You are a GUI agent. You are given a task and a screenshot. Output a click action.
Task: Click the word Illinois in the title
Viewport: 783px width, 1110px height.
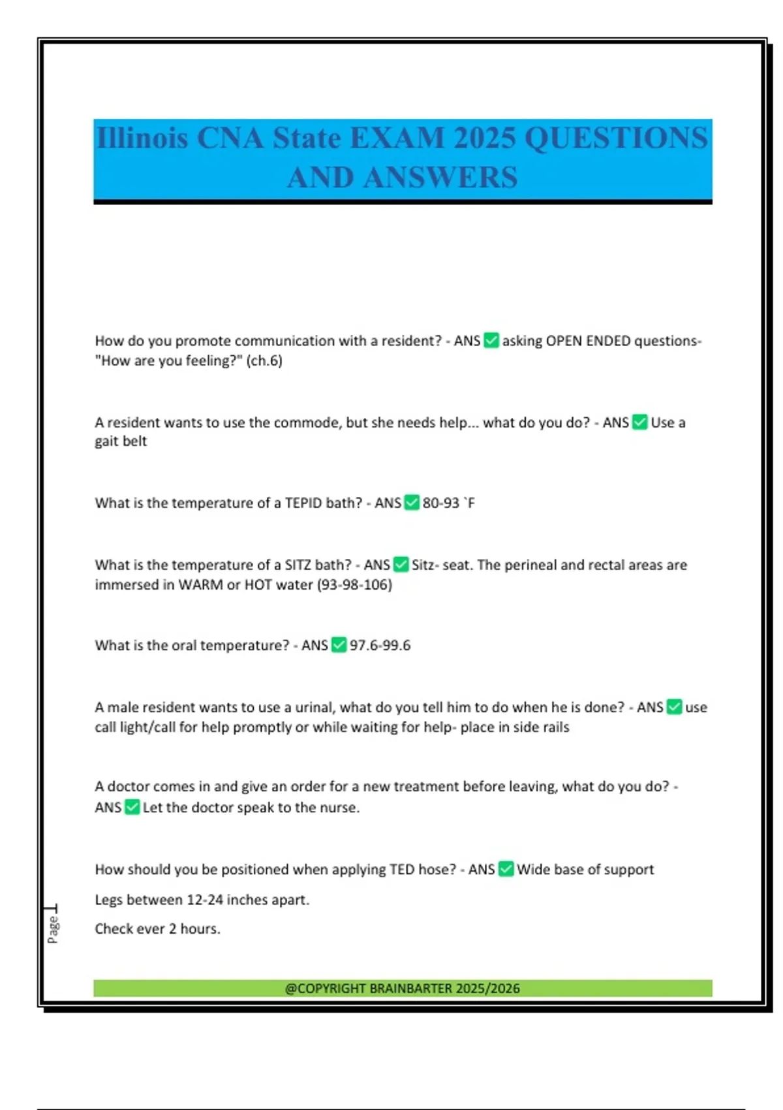pos(142,138)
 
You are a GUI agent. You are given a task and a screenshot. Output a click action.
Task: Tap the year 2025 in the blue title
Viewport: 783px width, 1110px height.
pos(484,138)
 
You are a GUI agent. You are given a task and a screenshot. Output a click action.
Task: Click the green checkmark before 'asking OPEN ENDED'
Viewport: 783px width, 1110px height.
pos(491,341)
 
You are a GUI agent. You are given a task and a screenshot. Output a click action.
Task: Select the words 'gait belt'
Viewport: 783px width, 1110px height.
pos(121,441)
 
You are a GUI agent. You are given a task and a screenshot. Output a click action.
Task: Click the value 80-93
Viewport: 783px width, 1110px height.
pos(441,503)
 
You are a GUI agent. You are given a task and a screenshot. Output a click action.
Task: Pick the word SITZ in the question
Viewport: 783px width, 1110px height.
pos(298,565)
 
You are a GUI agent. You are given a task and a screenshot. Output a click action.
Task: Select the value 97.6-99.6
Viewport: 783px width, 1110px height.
pos(380,645)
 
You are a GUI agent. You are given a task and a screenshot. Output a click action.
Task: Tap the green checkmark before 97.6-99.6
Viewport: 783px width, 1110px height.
pos(339,645)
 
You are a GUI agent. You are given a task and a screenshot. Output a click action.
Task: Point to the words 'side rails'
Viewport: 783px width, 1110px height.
pos(541,727)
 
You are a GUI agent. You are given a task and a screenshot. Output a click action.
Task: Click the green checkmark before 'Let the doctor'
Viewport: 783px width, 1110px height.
pos(132,808)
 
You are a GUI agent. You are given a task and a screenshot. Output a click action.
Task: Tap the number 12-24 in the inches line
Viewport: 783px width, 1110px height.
pos(205,900)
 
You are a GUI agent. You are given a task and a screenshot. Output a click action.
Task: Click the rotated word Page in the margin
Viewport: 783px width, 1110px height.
pos(53,929)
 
